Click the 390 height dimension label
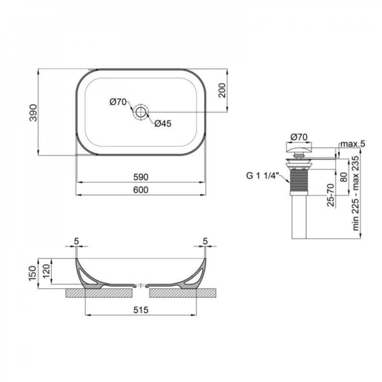[x=34, y=112]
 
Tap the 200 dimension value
[x=222, y=90]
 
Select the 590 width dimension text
[x=141, y=178]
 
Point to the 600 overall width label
[x=141, y=190]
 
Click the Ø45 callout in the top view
[x=163, y=123]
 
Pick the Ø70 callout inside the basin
[x=118, y=102]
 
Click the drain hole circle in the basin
[x=141, y=112]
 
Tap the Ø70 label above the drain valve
[x=299, y=136]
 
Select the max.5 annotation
[x=353, y=144]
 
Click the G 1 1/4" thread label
[x=262, y=176]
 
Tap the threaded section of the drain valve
[x=298, y=181]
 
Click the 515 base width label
[x=141, y=310]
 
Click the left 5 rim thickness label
[x=76, y=241]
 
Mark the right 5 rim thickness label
[x=205, y=241]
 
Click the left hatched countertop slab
[x=99, y=293]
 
